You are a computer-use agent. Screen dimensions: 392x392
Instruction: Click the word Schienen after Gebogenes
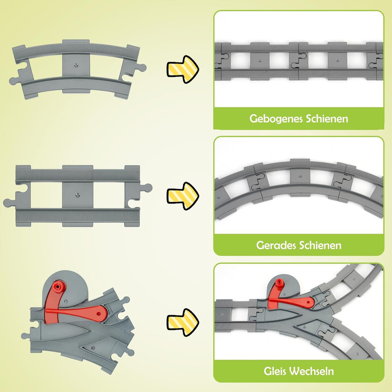pyautogui.click(x=327, y=119)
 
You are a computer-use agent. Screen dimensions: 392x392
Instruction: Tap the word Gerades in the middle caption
pyautogui.click(x=276, y=245)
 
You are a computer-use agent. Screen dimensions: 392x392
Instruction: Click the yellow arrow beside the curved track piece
pyautogui.click(x=183, y=69)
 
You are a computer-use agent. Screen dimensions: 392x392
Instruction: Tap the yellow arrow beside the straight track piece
pyautogui.click(x=183, y=195)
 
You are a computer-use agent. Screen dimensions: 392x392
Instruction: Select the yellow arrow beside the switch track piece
pyautogui.click(x=183, y=322)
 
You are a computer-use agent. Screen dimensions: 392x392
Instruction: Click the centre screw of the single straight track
pyautogui.click(x=77, y=195)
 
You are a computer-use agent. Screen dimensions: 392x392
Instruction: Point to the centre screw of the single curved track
pyautogui.click(x=76, y=65)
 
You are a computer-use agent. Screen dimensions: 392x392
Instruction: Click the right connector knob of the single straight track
pyautogui.click(x=147, y=188)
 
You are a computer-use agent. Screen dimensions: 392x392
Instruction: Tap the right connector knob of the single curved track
pyautogui.click(x=142, y=68)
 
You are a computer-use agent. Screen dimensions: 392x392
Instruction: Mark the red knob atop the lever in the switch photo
pyautogui.click(x=279, y=283)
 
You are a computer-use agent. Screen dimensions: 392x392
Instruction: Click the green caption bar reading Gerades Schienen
pyautogui.click(x=298, y=245)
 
